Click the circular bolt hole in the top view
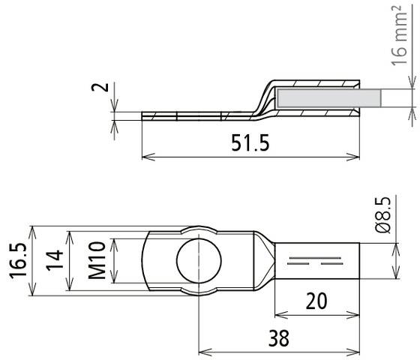[199, 262]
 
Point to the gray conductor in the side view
[326, 97]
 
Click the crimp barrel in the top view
[322, 262]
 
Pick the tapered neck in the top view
[261, 262]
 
